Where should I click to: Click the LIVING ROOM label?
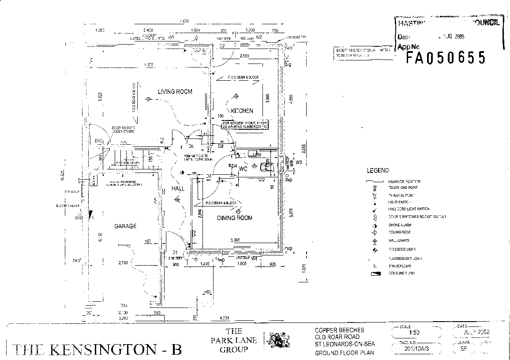[x=175, y=92]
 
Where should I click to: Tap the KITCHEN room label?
[x=242, y=111]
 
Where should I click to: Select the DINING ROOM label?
[x=234, y=218]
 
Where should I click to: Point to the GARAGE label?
[x=125, y=226]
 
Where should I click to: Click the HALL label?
[x=178, y=189]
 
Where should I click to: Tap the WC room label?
[x=243, y=169]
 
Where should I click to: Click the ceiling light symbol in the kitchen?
[x=236, y=96]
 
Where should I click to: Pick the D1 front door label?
[x=175, y=252]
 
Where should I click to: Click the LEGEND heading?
[x=378, y=171]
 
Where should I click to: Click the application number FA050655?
[x=446, y=58]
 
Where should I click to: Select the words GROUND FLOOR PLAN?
[x=344, y=353]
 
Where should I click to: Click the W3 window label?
[x=299, y=163]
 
